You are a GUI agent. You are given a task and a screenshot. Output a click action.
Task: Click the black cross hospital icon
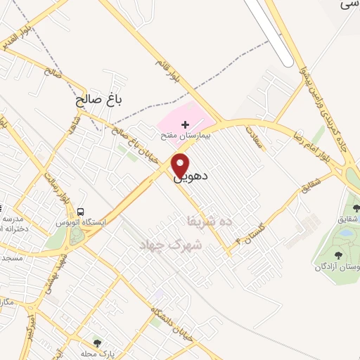coord(185,124)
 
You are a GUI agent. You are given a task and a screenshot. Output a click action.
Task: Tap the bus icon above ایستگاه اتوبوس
coord(82,211)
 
